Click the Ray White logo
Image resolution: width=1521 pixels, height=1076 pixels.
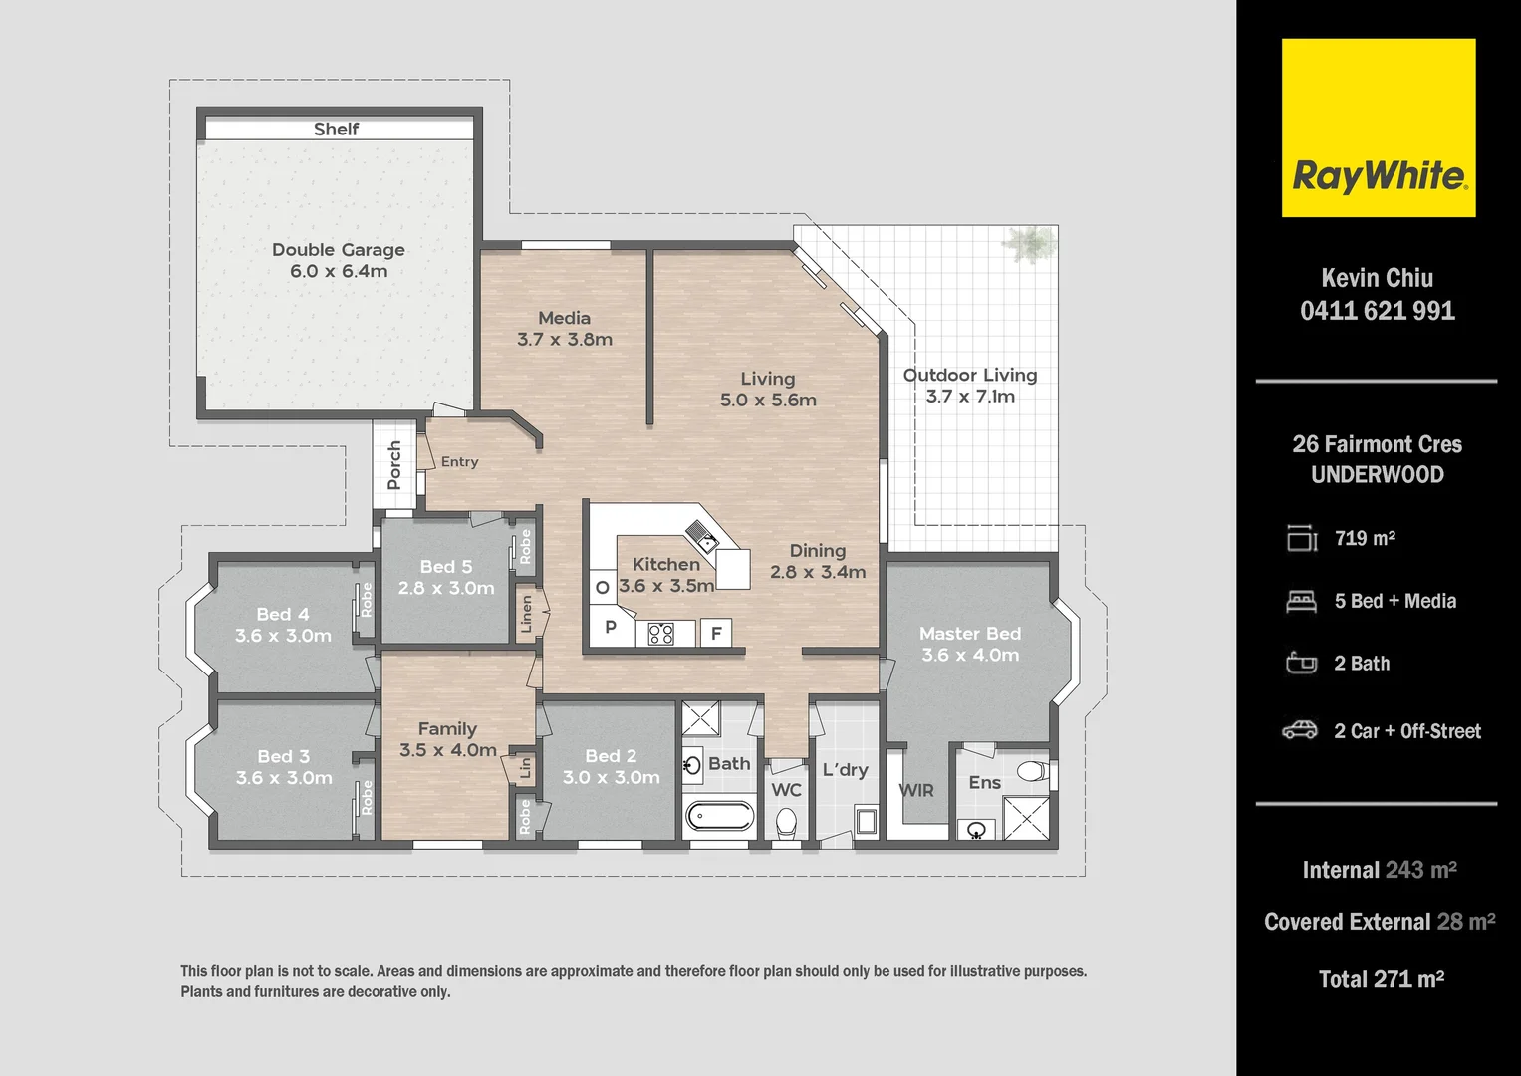[1378, 129]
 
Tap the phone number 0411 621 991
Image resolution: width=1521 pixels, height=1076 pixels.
[1378, 311]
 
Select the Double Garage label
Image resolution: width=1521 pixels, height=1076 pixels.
[339, 250]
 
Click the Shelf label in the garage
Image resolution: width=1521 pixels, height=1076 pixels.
[336, 130]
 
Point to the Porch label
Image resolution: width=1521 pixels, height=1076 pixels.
[394, 465]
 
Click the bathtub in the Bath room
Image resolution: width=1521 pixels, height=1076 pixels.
[720, 816]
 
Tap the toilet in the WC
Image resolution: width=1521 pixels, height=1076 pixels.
[786, 824]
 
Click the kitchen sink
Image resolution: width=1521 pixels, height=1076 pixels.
[702, 536]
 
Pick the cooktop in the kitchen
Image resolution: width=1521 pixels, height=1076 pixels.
[661, 633]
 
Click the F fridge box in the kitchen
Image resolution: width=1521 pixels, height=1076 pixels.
[716, 633]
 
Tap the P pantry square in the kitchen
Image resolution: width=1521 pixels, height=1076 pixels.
[611, 628]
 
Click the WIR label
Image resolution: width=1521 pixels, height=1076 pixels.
[916, 791]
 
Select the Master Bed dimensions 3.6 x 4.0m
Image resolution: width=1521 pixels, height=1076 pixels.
[970, 656]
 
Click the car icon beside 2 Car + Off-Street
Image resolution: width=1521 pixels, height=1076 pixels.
[1300, 730]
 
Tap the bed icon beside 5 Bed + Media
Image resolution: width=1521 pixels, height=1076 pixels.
[1301, 601]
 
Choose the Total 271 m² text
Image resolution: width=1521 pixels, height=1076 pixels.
[1381, 980]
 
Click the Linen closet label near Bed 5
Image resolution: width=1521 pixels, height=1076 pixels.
[527, 615]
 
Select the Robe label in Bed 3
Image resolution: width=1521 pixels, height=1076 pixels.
[367, 797]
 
